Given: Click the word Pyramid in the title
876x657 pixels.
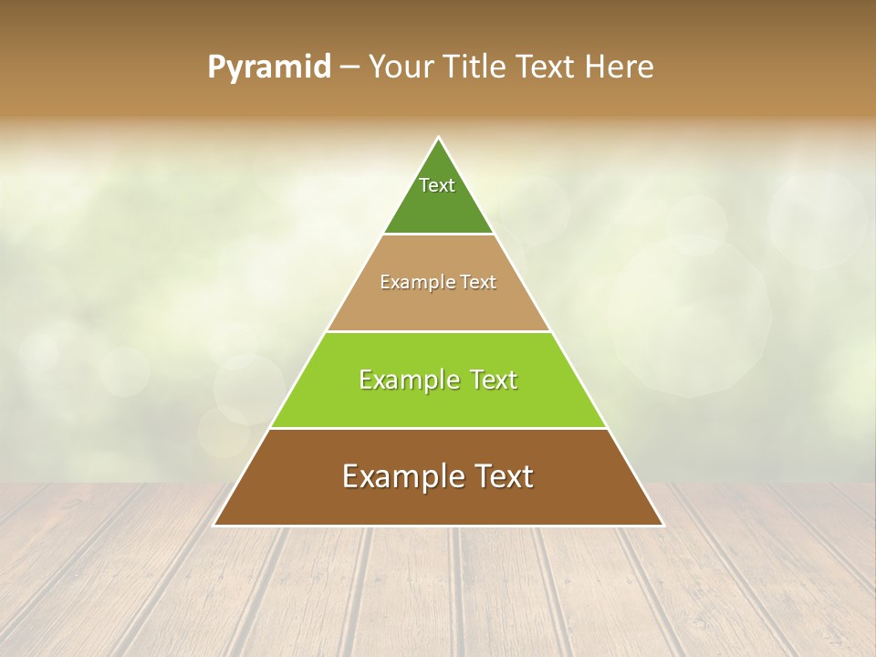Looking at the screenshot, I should pyautogui.click(x=268, y=68).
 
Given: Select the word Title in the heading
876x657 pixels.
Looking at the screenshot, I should pyautogui.click(x=476, y=68).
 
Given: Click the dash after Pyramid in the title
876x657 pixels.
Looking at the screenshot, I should pyautogui.click(x=349, y=68).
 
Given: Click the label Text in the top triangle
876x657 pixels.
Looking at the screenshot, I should pyautogui.click(x=437, y=185).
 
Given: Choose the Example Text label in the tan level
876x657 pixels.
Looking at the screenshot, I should pyautogui.click(x=438, y=282).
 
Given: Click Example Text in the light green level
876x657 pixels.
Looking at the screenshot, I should pyautogui.click(x=438, y=380).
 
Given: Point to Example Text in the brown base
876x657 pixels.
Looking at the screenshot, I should pyautogui.click(x=438, y=476).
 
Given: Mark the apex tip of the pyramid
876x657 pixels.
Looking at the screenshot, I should pyautogui.click(x=439, y=139).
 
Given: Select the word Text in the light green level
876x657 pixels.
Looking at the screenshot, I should pyautogui.click(x=489, y=380).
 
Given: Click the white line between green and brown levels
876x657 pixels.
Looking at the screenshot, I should pyautogui.click(x=438, y=428).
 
